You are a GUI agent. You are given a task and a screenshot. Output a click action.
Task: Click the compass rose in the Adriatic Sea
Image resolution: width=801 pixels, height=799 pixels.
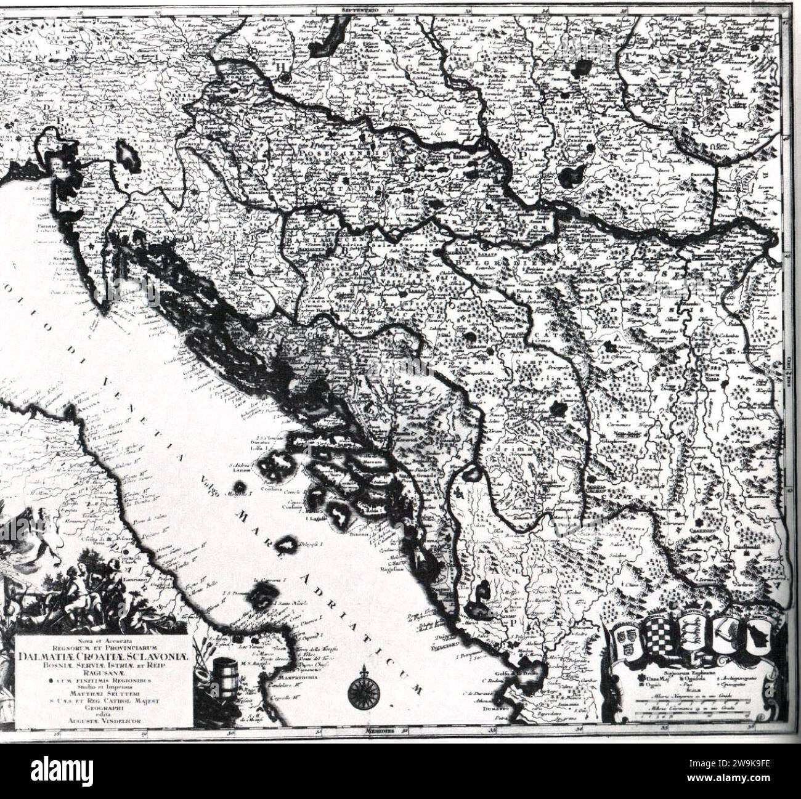tap(359, 692)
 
